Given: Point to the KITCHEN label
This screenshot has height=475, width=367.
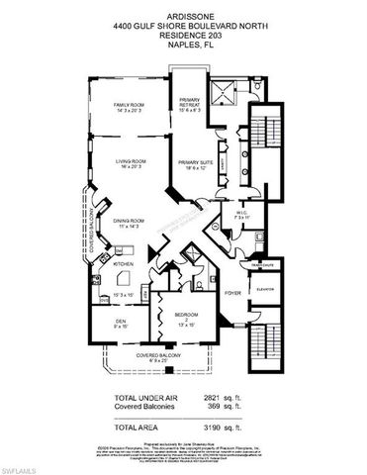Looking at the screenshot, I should tap(122, 264).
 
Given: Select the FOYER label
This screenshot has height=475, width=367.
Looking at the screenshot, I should tap(233, 294).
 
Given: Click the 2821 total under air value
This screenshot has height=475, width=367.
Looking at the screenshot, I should tap(215, 398).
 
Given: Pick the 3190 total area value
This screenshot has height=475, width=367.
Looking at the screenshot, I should tap(215, 427).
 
